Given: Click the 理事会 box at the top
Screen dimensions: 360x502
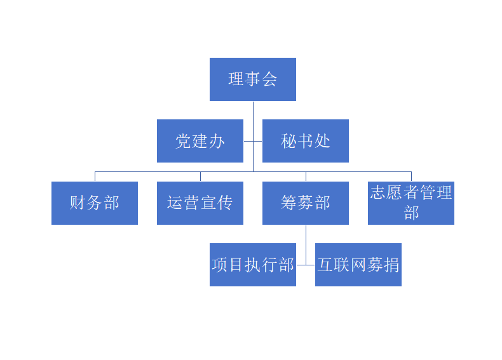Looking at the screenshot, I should tap(252, 79).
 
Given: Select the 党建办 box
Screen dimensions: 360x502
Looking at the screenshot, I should tap(200, 141).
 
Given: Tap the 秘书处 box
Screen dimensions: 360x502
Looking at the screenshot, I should tap(305, 141).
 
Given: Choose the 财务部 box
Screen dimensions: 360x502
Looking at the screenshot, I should tap(94, 203).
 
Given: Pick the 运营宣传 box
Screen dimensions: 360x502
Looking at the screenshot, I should tap(200, 203).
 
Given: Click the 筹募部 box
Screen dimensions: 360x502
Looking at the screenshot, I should tap(305, 203).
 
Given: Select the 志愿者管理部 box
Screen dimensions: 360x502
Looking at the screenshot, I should tap(410, 203).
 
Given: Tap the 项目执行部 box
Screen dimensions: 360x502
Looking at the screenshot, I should tap(252, 265).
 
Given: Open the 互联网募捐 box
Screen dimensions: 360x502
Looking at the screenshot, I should tap(358, 265).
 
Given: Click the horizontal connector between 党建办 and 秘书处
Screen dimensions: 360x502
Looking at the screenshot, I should tap(253, 141).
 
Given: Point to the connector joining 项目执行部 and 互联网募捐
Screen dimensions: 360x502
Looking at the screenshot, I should tap(306, 265).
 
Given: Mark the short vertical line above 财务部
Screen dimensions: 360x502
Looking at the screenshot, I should tap(95, 177).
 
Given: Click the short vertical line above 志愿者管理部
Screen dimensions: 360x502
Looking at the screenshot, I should tap(411, 177).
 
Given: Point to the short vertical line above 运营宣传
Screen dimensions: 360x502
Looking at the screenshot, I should tap(200, 177).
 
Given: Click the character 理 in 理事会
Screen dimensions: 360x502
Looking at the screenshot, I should tap(236, 79).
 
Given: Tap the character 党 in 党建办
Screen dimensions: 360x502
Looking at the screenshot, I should tap(183, 141).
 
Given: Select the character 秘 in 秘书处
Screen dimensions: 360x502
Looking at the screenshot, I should tap(288, 141).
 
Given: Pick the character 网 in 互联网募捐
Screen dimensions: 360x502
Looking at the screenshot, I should tap(358, 265).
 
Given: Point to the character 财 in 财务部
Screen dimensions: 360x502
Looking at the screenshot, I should tap(78, 203).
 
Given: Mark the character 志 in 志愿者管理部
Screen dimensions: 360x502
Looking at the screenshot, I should tap(378, 193).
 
